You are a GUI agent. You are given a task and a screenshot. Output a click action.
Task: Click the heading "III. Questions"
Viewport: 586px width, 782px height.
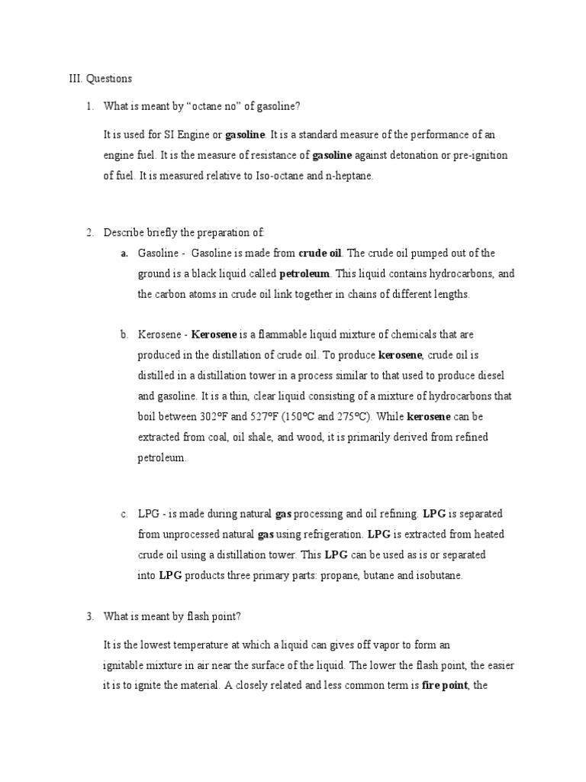click(100, 79)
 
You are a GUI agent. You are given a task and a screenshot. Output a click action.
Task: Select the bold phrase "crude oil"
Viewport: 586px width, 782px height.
click(320, 254)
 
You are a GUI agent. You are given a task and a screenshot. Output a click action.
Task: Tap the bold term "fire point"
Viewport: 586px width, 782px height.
click(444, 685)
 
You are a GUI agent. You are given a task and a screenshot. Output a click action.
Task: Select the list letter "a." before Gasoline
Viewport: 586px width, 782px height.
click(124, 254)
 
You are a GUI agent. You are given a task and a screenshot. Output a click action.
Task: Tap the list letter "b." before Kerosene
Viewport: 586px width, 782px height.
click(124, 335)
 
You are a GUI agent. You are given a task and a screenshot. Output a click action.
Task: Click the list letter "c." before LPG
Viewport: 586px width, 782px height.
click(124, 514)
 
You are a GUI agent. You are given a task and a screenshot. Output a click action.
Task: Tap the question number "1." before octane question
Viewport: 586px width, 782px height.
click(89, 106)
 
